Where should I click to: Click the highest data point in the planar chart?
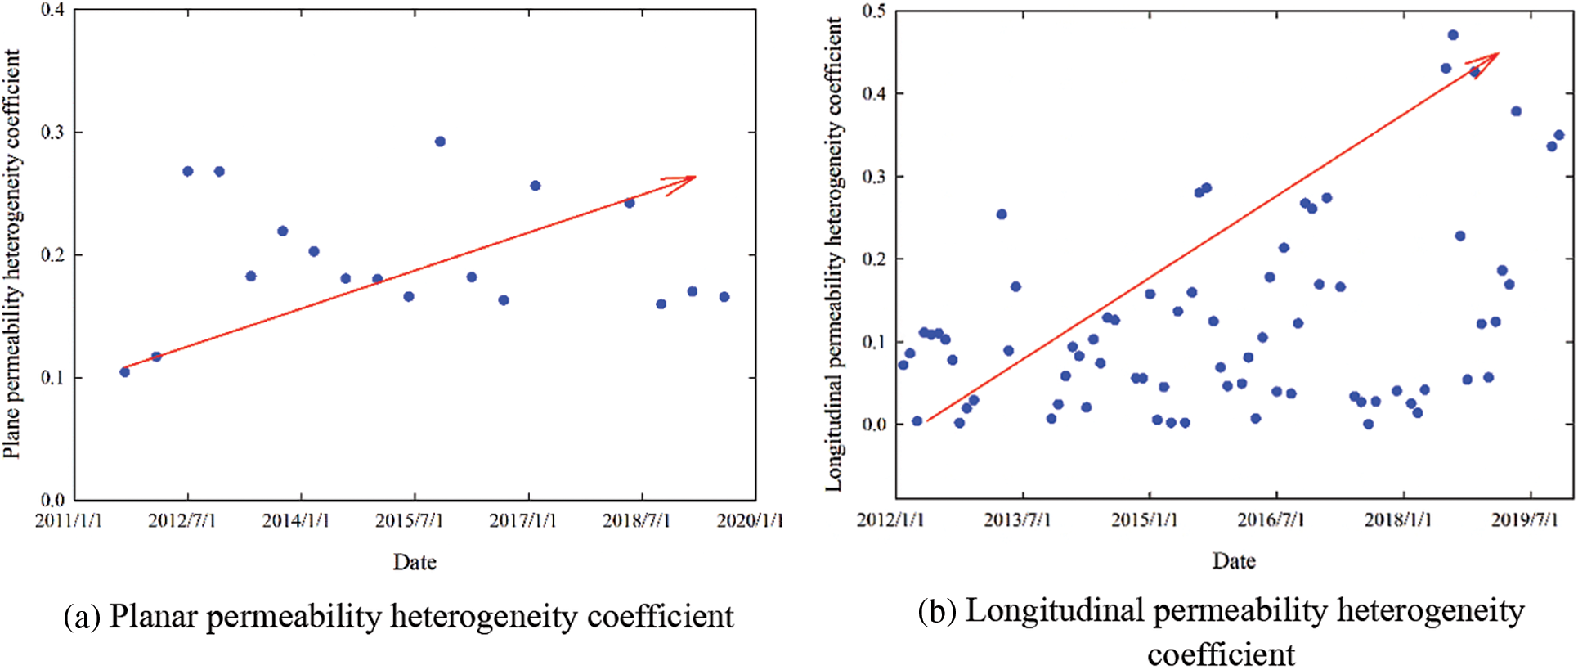click(440, 142)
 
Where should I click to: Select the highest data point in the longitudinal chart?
click(1453, 35)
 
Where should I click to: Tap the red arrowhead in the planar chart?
click(685, 180)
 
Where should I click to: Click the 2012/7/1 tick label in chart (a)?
click(182, 521)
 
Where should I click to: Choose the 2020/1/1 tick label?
click(750, 521)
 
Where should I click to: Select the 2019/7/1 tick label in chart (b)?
click(1525, 520)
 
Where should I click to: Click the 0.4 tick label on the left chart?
click(53, 11)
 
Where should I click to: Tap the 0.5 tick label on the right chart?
click(874, 11)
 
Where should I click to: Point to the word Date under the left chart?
click(415, 563)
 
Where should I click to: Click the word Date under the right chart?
click(1234, 561)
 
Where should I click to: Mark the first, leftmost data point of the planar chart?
click(124, 372)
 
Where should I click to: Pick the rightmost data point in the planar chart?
click(724, 297)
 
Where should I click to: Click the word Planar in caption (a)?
click(154, 617)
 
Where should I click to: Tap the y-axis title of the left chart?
click(12, 254)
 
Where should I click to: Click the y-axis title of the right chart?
click(833, 254)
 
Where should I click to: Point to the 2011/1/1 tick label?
click(69, 521)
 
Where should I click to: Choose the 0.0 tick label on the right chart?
click(874, 425)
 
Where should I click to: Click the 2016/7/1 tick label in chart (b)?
click(1271, 520)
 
